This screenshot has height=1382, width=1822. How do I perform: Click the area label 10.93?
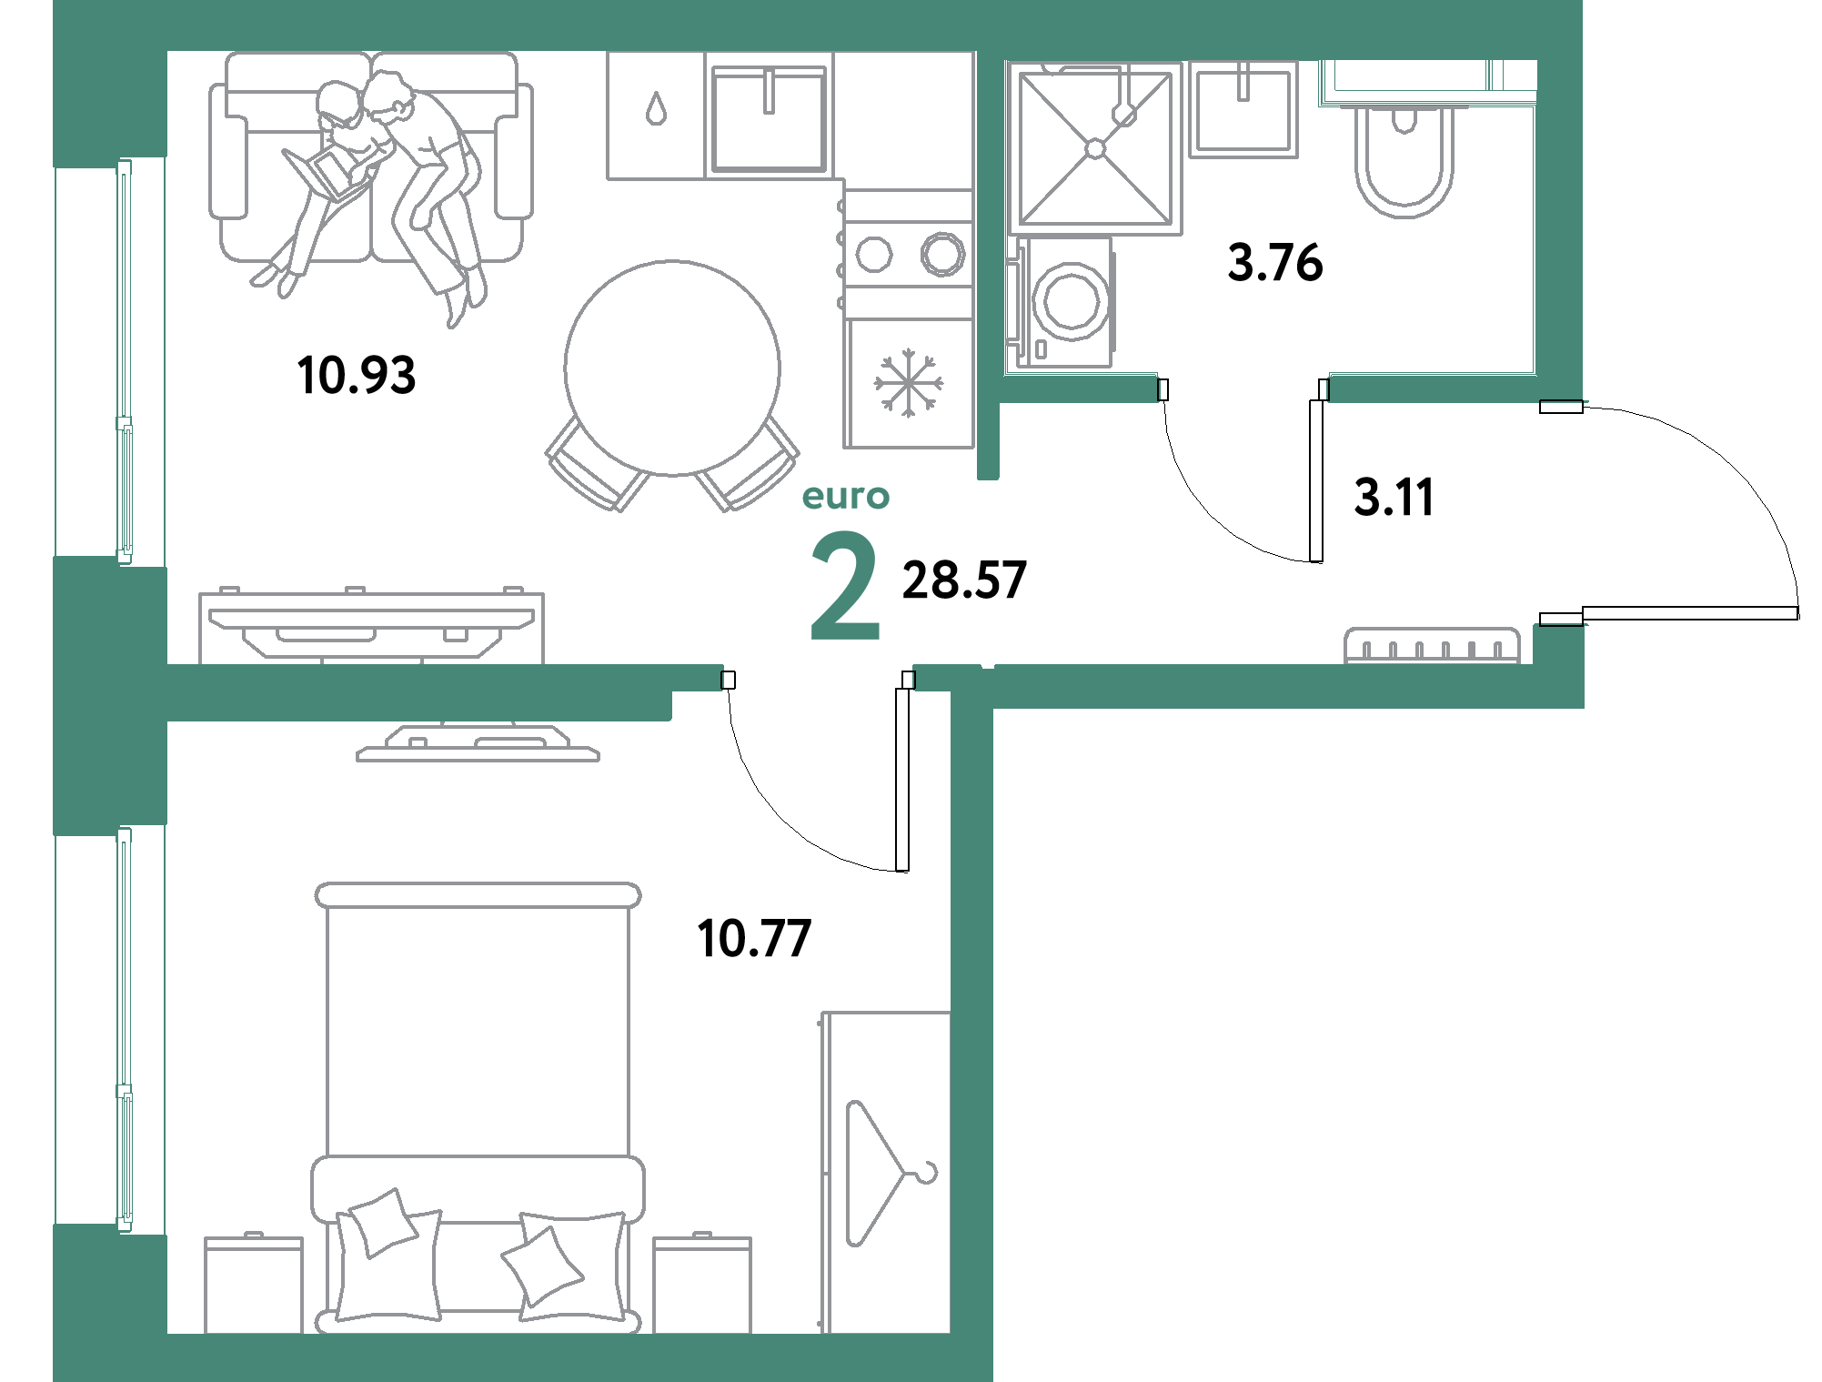coord(357,375)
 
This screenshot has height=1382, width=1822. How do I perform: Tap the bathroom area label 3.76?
coord(1275,262)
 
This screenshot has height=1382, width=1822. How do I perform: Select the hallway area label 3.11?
coord(1394,498)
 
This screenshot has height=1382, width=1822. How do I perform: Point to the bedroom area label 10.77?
coord(754,939)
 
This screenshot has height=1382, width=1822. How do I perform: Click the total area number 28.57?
coord(964,580)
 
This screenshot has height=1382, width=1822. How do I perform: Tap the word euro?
coord(846,497)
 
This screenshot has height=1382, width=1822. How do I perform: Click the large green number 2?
coord(845,586)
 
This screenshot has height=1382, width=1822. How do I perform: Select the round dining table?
coord(672,368)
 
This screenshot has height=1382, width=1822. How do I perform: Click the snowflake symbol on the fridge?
coord(909,383)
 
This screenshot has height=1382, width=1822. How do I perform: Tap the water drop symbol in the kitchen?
coord(656,109)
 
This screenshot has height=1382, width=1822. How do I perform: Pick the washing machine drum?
coord(1072,301)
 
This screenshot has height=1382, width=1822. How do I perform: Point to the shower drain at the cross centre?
coord(1096,148)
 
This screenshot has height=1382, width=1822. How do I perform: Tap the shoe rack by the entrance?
coord(1432,646)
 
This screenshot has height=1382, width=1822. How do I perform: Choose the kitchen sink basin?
coord(769,118)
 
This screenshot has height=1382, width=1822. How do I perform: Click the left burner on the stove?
coord(874,255)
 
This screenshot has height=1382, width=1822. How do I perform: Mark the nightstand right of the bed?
coord(702,1284)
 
